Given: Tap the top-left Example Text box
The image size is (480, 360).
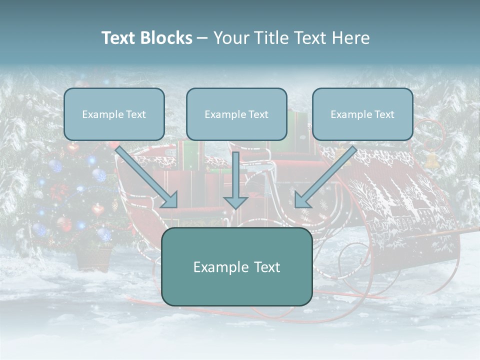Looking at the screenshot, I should [x=114, y=114].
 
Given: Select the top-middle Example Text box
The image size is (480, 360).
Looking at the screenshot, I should [x=236, y=114].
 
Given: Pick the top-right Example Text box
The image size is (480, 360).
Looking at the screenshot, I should [x=362, y=114].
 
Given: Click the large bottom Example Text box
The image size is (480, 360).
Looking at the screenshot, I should [x=236, y=266].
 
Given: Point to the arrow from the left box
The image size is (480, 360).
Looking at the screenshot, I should [x=145, y=175].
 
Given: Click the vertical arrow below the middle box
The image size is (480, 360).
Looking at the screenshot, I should [x=235, y=180].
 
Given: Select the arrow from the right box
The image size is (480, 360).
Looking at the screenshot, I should [x=327, y=175].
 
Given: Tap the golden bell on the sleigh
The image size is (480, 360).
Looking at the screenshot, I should [x=431, y=160].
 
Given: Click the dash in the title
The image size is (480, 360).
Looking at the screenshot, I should [x=202, y=38].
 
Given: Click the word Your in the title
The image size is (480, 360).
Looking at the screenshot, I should [x=227, y=38].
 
